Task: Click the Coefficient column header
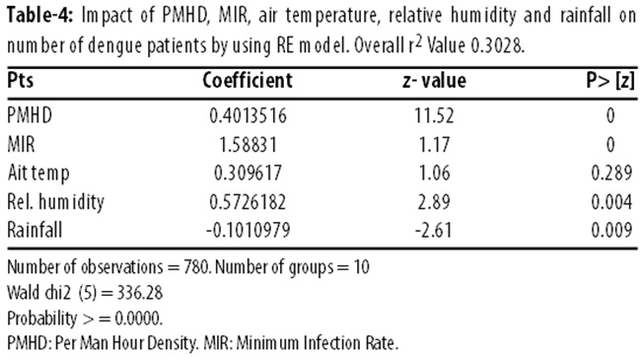pyautogui.click(x=248, y=80)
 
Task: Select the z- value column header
pyautogui.click(x=434, y=81)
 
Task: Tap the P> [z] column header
pyautogui.click(x=610, y=81)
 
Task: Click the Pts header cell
pyautogui.click(x=21, y=80)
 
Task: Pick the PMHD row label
pyautogui.click(x=30, y=115)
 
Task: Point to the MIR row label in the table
pyautogui.click(x=21, y=144)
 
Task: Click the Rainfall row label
pyautogui.click(x=35, y=230)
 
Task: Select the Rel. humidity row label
pyautogui.click(x=56, y=201)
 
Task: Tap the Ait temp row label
pyautogui.click(x=38, y=174)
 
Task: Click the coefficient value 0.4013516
pyautogui.click(x=248, y=115)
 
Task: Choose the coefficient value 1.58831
pyautogui.click(x=249, y=144)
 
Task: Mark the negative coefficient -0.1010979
pyautogui.click(x=248, y=230)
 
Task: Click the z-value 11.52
pyautogui.click(x=434, y=115)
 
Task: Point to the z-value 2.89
pyautogui.click(x=434, y=201)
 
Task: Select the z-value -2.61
pyautogui.click(x=433, y=230)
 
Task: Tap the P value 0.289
pyautogui.click(x=611, y=173)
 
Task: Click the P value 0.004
pyautogui.click(x=611, y=201)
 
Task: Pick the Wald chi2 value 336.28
pyautogui.click(x=140, y=293)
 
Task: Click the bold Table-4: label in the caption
pyautogui.click(x=40, y=16)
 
